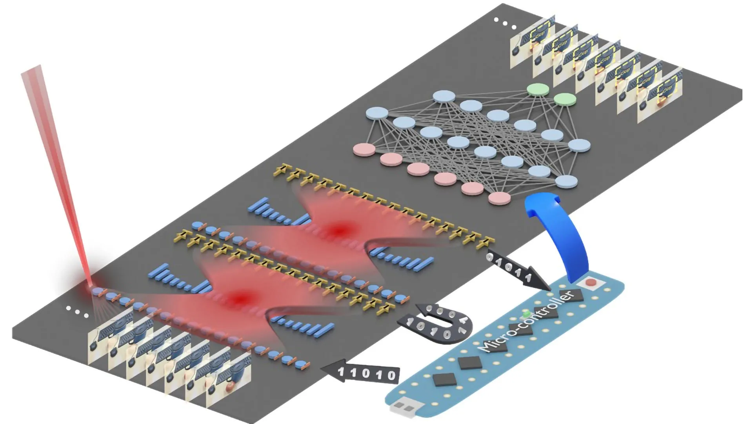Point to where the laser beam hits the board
[x=93, y=289]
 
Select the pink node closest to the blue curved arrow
[x=499, y=198]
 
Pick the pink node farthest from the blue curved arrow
[x=364, y=150]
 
